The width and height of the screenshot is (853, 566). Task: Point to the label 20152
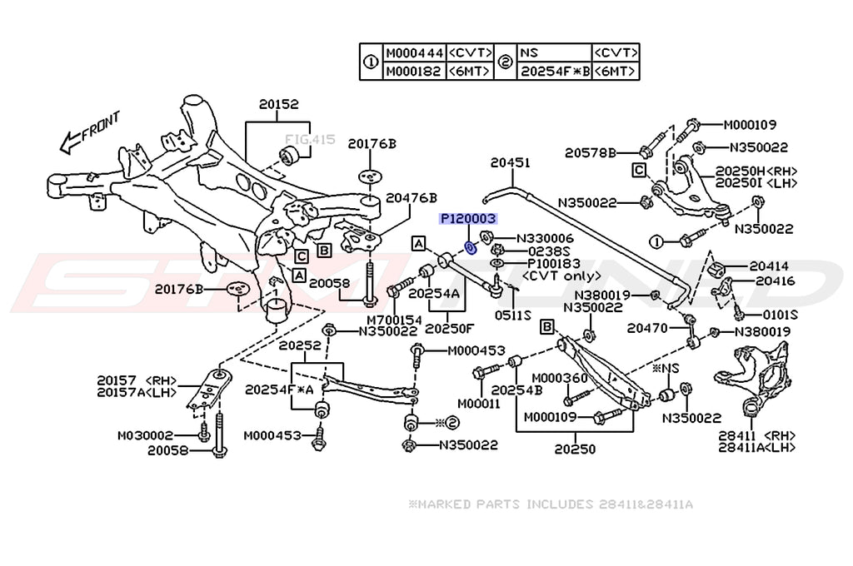[x=278, y=105]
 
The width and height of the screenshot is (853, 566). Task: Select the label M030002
[x=145, y=434]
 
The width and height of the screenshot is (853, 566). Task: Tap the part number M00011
[x=481, y=403]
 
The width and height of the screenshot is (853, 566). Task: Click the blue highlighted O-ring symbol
[x=471, y=247]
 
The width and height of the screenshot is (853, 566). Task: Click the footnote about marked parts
[x=550, y=504]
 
